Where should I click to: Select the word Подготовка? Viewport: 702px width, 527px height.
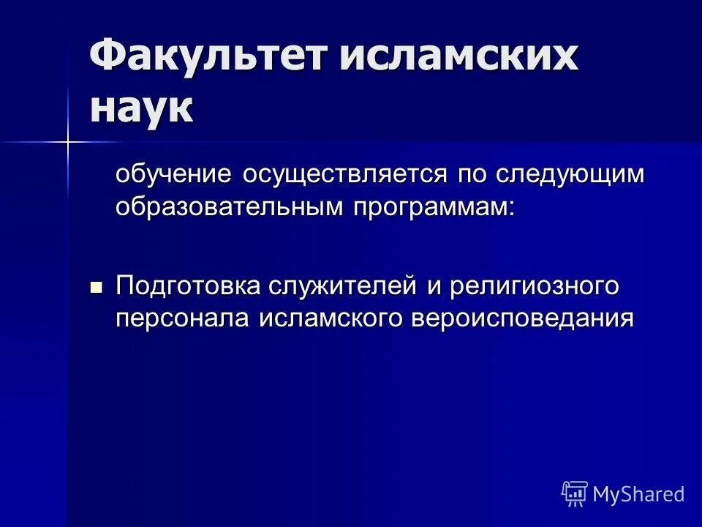[185, 286]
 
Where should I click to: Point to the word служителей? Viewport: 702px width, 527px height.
[339, 286]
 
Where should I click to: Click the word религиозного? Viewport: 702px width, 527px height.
[535, 286]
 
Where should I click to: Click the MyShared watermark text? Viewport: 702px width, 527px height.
[638, 494]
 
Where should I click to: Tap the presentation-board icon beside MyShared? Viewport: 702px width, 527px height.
[575, 494]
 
